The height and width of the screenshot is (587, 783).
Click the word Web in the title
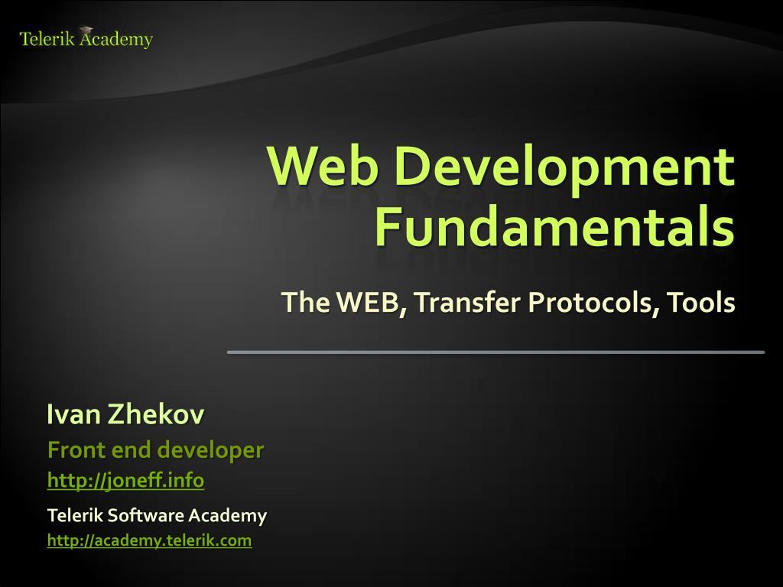322,166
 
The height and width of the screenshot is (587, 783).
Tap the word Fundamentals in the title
555,227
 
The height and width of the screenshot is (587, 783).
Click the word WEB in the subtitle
368,302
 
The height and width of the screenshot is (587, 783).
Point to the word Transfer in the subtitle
466,302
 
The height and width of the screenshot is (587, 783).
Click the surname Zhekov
156,414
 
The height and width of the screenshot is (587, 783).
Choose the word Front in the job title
76,449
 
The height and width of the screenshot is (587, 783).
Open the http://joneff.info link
126,480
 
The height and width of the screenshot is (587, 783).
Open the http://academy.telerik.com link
149,540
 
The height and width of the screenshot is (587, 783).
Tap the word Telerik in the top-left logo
47,39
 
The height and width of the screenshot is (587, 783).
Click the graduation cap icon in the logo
86,31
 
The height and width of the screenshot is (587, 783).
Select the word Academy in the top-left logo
116,40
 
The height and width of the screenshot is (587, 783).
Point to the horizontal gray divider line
495,352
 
